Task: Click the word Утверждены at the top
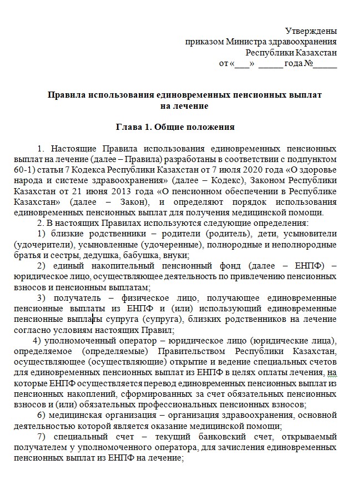tap(311, 31)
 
